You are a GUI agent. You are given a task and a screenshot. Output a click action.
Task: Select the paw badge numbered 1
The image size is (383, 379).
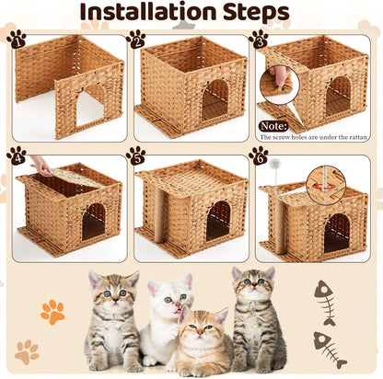point(16,39)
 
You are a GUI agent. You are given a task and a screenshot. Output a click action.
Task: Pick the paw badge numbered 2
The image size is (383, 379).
point(136,39)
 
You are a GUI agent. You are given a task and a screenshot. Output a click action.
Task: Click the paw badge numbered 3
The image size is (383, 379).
point(259,39)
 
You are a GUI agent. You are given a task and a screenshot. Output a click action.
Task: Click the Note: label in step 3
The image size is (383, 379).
point(273,125)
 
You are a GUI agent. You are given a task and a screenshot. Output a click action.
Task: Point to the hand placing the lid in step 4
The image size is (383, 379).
point(41,165)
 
